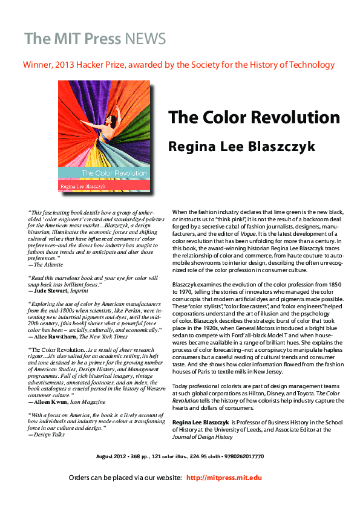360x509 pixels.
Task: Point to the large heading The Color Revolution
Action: point(254,117)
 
